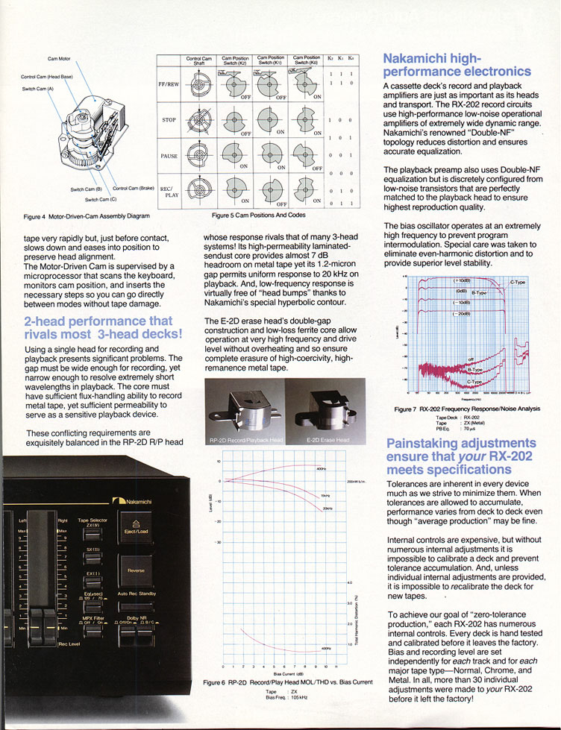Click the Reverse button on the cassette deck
click(x=136, y=569)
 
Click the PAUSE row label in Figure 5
click(x=169, y=155)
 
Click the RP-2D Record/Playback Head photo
click(x=244, y=414)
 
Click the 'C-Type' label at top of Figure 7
click(x=517, y=283)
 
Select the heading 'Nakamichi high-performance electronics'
click(x=456, y=65)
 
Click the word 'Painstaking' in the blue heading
click(x=420, y=443)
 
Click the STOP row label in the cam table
click(x=169, y=119)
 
